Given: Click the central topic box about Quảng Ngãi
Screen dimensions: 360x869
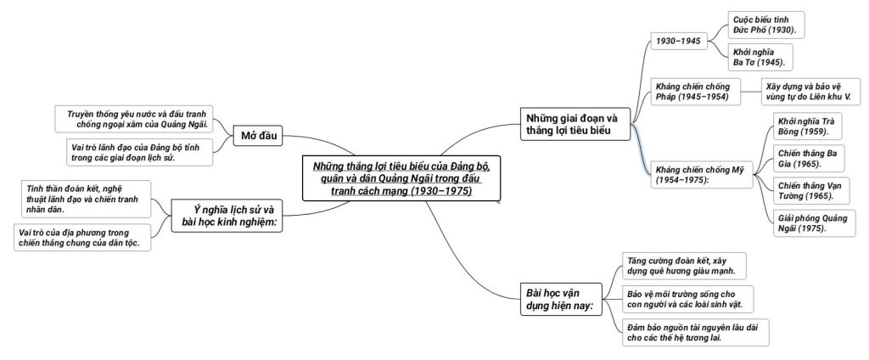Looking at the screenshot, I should pos(401,178).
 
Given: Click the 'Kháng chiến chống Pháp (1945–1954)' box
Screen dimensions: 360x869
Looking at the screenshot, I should pos(692,92).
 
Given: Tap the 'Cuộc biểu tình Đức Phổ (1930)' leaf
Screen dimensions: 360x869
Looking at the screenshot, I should pos(765,24).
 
